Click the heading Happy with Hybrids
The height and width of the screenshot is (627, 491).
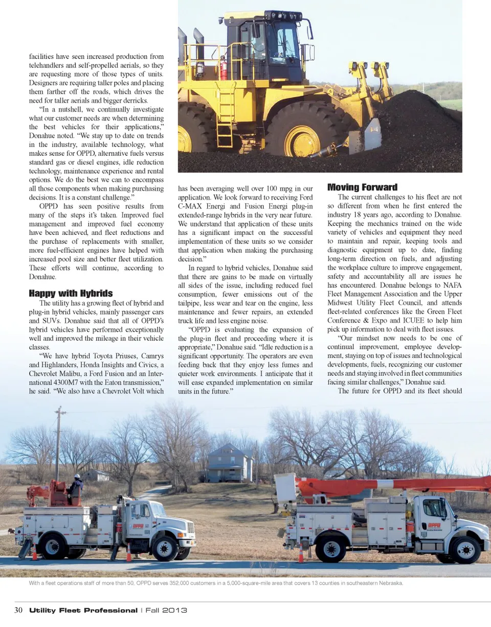point(71,293)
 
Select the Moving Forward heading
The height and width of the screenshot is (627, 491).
point(362,187)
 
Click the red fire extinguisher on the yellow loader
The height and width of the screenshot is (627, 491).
point(224,68)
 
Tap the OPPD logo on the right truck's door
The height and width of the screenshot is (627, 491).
point(434,525)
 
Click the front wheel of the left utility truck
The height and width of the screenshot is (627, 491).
point(165,548)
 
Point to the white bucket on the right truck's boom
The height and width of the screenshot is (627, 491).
point(286,487)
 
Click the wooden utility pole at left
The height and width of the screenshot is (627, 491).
point(58,444)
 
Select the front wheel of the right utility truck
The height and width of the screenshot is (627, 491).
point(465,549)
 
